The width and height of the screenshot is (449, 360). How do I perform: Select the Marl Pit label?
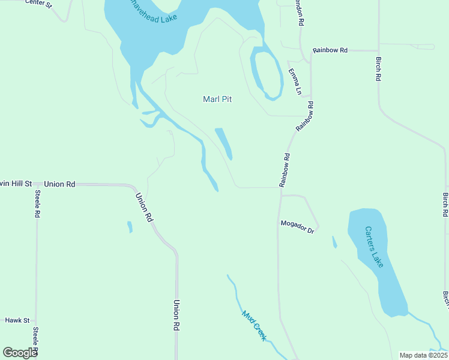(217, 100)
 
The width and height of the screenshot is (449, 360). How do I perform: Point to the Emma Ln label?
(295, 82)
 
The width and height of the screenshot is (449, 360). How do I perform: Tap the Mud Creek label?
(254, 325)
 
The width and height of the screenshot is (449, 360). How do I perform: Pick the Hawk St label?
(17, 320)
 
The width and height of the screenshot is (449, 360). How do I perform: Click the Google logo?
(20, 353)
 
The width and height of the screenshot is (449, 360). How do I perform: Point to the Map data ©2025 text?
(423, 355)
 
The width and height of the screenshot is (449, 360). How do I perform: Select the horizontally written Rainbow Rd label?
(330, 50)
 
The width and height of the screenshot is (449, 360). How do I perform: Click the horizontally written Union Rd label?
(59, 184)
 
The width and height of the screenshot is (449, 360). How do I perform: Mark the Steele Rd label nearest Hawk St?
(36, 341)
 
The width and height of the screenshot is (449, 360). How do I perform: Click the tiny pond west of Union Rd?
(129, 227)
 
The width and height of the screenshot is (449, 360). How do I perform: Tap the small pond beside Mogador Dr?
(334, 242)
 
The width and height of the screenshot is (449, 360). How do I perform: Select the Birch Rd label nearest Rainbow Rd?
(379, 69)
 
